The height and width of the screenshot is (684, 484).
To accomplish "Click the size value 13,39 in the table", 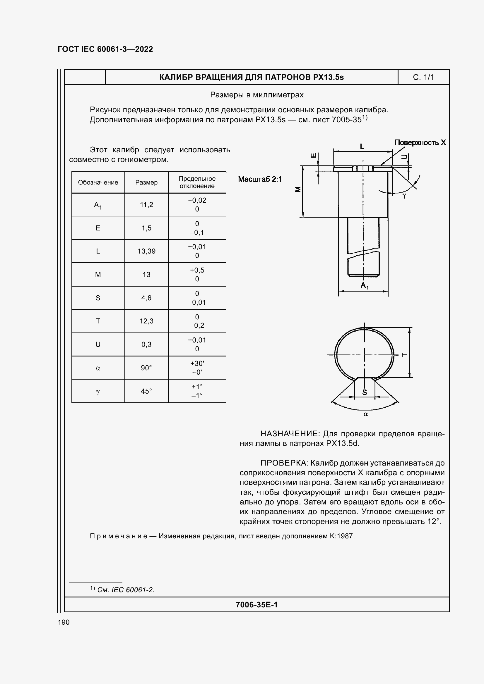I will coord(146,251).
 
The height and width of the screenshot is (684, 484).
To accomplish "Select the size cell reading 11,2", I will coord(146,205).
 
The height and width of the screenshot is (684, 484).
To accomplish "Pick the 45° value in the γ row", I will coord(146,391).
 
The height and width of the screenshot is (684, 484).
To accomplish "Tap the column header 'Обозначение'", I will coord(98,182).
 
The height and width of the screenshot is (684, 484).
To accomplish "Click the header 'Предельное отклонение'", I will coord(197,182).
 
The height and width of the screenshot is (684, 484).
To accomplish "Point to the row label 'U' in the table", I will coord(98,344).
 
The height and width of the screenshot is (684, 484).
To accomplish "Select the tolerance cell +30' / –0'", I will coord(197,368).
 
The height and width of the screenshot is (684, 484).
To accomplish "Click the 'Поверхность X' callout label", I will coord(420,142).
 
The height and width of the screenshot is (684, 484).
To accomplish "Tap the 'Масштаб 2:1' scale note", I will coord(260,179).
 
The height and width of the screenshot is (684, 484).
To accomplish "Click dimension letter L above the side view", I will coord(362,147).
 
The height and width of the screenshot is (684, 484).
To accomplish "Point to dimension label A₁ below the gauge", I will coord(365,286).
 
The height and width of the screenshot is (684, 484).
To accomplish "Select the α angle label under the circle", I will coord(366,414).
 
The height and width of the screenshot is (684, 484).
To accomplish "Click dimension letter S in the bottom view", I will coord(365,393).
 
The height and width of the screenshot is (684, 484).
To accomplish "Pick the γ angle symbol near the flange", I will coord(404,196).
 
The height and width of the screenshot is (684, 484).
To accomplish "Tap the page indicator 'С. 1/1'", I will coord(423,77).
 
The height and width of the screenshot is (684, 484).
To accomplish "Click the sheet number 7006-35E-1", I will coord(256,604).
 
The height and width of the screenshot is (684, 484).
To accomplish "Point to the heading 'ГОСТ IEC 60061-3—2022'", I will coord(105,49).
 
